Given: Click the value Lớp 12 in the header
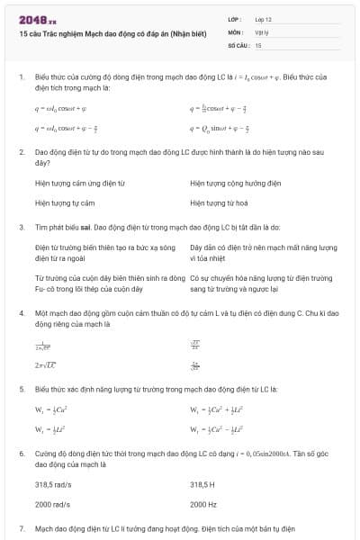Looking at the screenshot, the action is pyautogui.click(x=262, y=18).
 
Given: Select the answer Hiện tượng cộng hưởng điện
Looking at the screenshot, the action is pyautogui.click(x=236, y=183).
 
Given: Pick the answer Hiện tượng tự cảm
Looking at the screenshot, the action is pyautogui.click(x=65, y=203).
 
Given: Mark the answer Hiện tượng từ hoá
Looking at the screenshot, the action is pyautogui.click(x=219, y=203).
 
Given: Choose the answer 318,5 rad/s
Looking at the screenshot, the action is pyautogui.click(x=53, y=483).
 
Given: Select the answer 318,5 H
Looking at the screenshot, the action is pyautogui.click(x=203, y=483).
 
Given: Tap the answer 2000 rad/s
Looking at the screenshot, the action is pyautogui.click(x=52, y=504).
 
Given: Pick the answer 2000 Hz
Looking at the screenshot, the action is pyautogui.click(x=202, y=504).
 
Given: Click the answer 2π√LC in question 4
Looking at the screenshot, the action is pyautogui.click(x=45, y=365).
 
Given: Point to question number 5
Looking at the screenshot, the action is pyautogui.click(x=22, y=389).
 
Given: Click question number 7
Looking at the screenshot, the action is pyautogui.click(x=22, y=528).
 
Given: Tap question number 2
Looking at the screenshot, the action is pyautogui.click(x=22, y=151).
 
